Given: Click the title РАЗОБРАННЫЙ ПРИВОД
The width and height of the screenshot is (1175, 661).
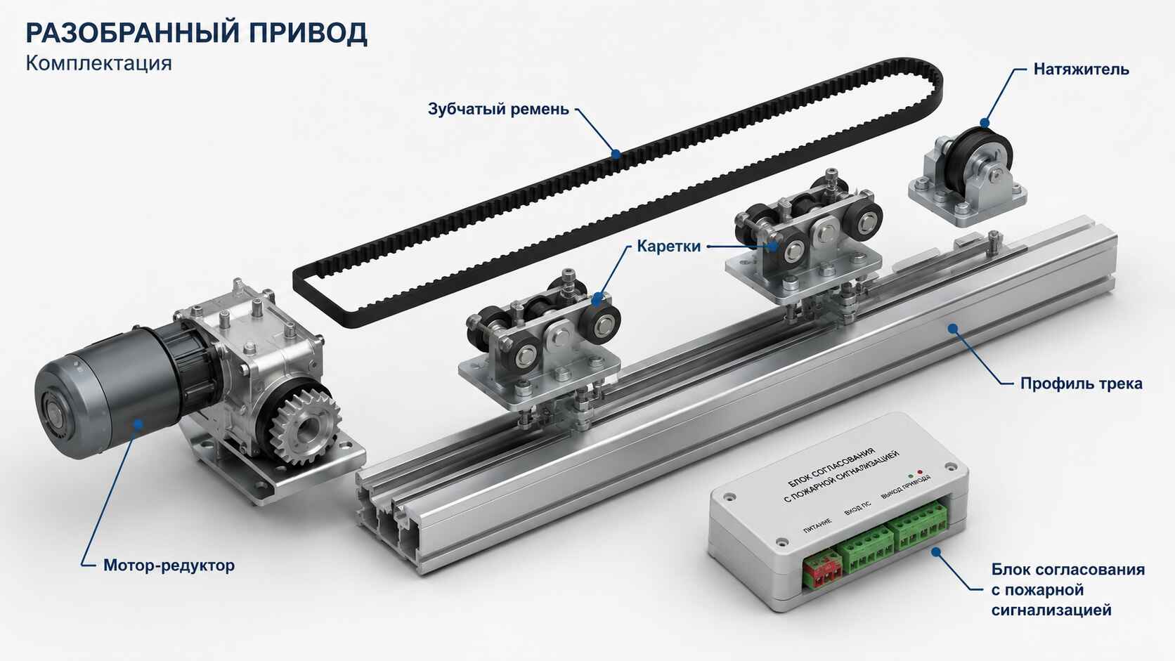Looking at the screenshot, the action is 196,33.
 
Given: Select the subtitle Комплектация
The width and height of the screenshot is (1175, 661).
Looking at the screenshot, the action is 98,63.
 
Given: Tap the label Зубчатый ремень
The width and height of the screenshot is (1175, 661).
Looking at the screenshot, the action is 498,109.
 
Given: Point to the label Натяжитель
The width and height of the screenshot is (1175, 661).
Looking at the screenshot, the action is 1081,70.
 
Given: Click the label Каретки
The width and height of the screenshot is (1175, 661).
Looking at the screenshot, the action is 669,247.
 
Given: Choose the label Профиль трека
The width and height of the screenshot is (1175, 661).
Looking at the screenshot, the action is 1081,384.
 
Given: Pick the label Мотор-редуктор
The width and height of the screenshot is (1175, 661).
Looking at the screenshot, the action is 169,565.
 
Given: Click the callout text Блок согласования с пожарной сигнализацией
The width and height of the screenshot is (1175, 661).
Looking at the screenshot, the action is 1068,590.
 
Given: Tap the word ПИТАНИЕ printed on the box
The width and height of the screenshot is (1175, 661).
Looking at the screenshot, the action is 817,525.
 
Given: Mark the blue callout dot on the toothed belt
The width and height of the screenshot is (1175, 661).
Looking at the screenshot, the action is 616,154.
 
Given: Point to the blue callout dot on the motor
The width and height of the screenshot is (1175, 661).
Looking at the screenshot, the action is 138,424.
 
